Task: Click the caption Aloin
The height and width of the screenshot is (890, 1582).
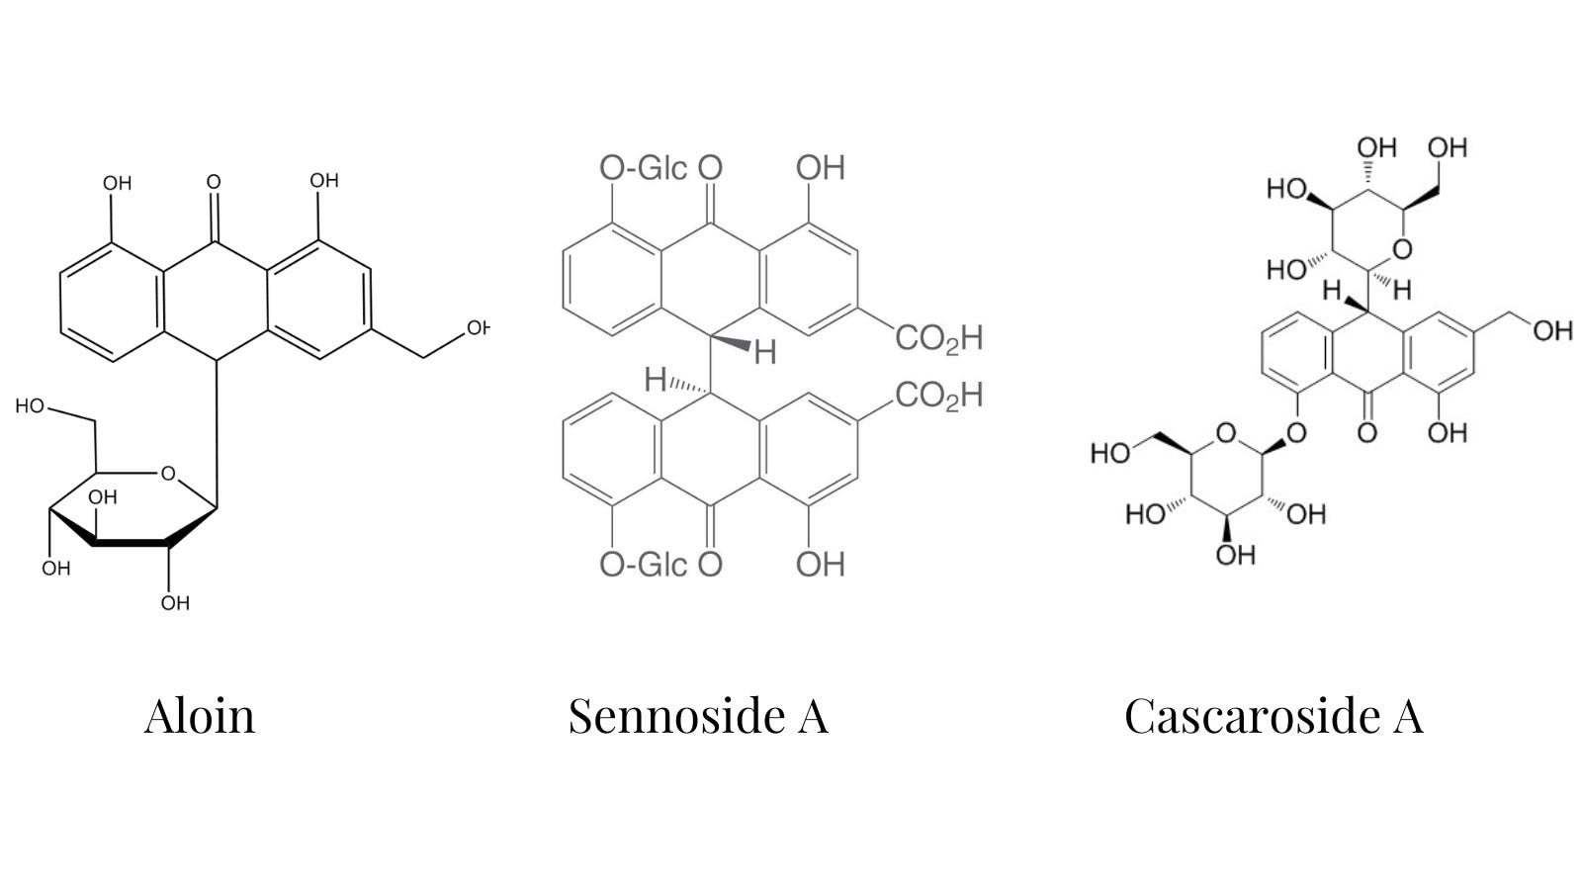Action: [200, 716]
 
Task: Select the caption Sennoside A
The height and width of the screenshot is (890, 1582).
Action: [698, 716]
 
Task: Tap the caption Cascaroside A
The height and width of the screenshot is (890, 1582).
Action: [1274, 716]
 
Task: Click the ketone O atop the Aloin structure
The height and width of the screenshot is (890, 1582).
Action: [214, 182]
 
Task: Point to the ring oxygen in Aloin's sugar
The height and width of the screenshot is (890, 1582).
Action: [168, 474]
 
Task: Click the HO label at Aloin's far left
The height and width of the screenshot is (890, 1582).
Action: [31, 406]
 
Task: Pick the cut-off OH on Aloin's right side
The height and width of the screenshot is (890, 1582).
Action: [479, 327]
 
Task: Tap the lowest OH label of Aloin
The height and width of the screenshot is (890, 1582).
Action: [175, 603]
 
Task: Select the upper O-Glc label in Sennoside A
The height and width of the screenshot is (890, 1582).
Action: [644, 168]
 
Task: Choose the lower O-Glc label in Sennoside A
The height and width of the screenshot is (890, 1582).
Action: [644, 565]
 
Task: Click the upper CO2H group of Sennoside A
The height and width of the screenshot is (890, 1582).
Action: [939, 338]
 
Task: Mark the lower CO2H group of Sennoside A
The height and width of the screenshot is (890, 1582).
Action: [939, 396]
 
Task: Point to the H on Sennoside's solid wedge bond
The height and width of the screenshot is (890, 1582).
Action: [765, 352]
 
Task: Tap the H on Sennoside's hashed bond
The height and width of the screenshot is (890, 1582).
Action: [656, 381]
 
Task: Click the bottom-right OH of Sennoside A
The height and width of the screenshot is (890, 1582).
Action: [821, 565]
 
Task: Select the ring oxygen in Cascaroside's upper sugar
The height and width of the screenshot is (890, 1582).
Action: [1403, 249]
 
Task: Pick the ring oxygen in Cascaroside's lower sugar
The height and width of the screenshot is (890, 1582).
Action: [1226, 433]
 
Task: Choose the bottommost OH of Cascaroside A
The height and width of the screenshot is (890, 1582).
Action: [1236, 555]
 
